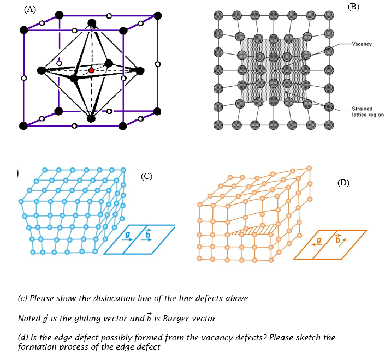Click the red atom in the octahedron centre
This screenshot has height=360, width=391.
click(x=91, y=70)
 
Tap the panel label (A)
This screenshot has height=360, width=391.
click(x=30, y=9)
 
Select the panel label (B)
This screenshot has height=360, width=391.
click(x=353, y=7)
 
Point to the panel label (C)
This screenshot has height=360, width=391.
click(x=146, y=176)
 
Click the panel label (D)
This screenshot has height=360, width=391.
click(x=343, y=183)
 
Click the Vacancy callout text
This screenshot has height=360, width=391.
click(x=362, y=44)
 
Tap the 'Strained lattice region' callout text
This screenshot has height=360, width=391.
click(x=368, y=112)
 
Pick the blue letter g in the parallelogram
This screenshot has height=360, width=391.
click(x=127, y=235)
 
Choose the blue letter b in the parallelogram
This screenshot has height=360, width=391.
click(x=148, y=233)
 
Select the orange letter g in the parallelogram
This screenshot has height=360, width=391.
click(x=319, y=241)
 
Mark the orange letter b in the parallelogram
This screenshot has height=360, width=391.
click(x=338, y=239)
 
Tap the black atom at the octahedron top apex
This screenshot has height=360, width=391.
click(x=92, y=23)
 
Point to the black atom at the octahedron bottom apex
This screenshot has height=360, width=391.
click(x=91, y=118)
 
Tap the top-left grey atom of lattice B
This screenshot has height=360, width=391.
click(x=218, y=15)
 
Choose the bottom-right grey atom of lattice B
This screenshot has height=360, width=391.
click(x=329, y=125)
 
